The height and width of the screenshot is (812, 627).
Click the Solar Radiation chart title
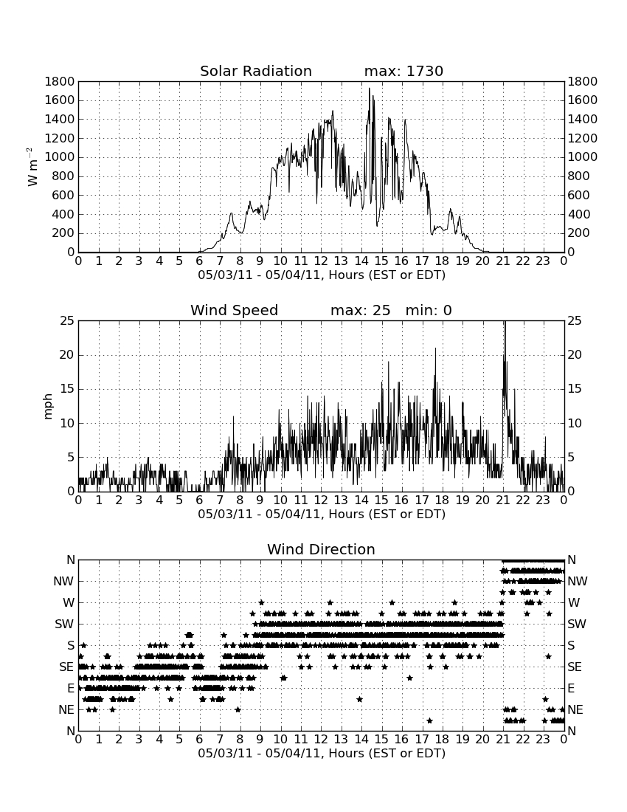[x=255, y=71]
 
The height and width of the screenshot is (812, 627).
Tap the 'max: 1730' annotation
[x=403, y=71]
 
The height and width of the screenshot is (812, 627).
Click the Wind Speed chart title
[x=234, y=310]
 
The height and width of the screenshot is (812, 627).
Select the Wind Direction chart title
[x=321, y=549]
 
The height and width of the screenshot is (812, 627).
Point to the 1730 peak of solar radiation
[x=370, y=89]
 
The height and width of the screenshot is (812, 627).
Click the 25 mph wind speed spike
[x=505, y=323]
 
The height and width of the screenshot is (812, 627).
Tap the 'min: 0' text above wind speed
[x=429, y=310]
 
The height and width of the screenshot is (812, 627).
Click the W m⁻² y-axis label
[x=32, y=167]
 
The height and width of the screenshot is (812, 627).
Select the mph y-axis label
[x=48, y=406]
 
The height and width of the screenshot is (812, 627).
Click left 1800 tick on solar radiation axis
[x=60, y=81]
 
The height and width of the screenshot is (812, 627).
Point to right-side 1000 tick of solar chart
[x=583, y=157]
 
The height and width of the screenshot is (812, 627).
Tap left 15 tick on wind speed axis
[x=67, y=389]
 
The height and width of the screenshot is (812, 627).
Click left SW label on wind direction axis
[x=64, y=624]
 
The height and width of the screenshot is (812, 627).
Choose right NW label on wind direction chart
[x=578, y=581]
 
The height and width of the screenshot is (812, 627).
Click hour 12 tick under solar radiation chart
[x=321, y=261]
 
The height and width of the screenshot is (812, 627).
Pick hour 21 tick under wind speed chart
[x=503, y=500]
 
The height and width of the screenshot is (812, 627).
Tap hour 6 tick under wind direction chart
[x=200, y=739]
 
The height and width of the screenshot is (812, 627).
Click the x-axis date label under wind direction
[x=322, y=753]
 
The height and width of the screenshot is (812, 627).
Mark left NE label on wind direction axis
[x=66, y=709]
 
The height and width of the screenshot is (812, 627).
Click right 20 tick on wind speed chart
[x=575, y=355]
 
